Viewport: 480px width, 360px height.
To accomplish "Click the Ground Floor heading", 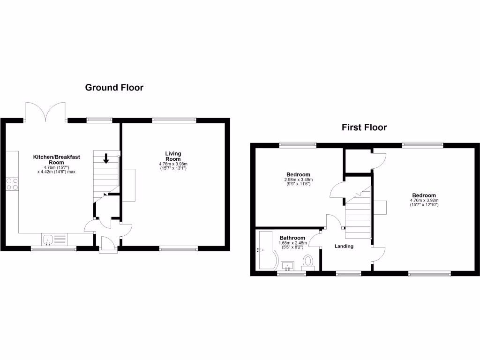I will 114,87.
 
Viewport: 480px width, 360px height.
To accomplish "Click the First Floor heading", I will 364,127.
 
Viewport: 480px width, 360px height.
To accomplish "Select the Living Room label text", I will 173,157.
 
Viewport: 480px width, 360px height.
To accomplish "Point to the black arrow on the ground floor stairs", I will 106,158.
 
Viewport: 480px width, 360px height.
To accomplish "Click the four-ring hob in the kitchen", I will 12,184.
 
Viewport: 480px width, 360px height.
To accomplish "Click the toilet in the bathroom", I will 308,261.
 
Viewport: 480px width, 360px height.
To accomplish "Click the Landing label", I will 344,246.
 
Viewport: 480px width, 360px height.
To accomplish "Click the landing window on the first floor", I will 348,273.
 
